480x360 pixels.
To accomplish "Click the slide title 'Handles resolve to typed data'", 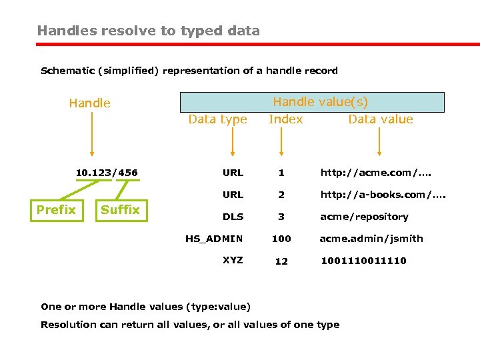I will (149, 31).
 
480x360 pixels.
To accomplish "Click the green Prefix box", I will (56, 210).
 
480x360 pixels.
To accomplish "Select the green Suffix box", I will (120, 210).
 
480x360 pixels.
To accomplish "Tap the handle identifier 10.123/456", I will (107, 173).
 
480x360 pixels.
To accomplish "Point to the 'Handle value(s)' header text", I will (320, 102).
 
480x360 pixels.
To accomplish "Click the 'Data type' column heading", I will (217, 119).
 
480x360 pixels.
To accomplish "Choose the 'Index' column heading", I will (285, 119).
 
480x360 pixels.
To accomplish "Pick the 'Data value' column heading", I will (381, 119).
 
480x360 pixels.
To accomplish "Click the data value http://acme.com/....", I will (376, 173).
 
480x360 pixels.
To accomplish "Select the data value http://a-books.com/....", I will (383, 195).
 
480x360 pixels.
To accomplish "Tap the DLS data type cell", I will (233, 217).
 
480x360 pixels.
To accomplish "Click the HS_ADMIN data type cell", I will (214, 239).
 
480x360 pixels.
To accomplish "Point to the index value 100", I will (281, 239).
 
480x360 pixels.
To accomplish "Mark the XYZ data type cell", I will (233, 260).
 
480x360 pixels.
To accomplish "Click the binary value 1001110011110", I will (363, 261).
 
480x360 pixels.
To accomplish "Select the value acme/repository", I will (364, 217).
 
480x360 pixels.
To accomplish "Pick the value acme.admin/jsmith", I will (371, 239).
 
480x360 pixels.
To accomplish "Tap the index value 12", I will (281, 261).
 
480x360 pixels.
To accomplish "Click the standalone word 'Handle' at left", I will (90, 103).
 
